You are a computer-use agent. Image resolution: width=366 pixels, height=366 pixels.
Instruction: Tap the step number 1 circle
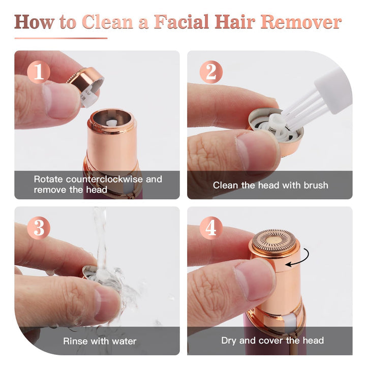(38, 72)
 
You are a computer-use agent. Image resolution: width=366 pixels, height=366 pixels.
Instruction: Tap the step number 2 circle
(210, 72)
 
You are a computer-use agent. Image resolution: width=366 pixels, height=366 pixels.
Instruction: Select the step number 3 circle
(38, 228)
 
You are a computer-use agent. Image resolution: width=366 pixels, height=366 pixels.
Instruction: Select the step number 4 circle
(210, 228)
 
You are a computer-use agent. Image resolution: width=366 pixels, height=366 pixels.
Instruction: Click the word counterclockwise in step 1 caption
(107, 179)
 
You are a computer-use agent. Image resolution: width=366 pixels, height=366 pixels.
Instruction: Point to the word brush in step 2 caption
(315, 185)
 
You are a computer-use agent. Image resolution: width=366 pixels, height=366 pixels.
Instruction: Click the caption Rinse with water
(100, 341)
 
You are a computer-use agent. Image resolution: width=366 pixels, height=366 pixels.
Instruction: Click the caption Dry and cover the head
(272, 341)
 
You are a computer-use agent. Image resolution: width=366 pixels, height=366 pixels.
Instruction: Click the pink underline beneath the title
(61, 38)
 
